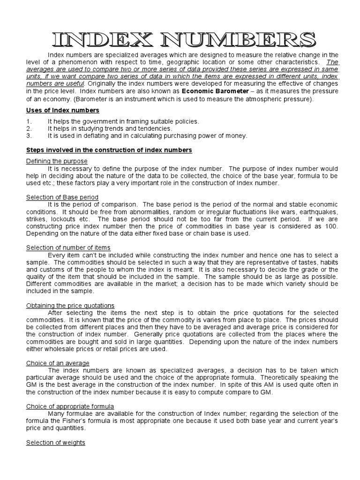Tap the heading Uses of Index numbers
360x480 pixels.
click(62, 110)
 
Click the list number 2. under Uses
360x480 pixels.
click(29, 128)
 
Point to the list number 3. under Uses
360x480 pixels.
click(29, 135)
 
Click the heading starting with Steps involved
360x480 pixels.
click(109, 150)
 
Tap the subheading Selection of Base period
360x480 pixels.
click(62, 197)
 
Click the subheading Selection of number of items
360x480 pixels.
click(68, 247)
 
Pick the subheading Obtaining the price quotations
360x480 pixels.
click(70, 306)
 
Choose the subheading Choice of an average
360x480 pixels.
click(58, 363)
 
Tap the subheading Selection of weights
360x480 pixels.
click(55, 442)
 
